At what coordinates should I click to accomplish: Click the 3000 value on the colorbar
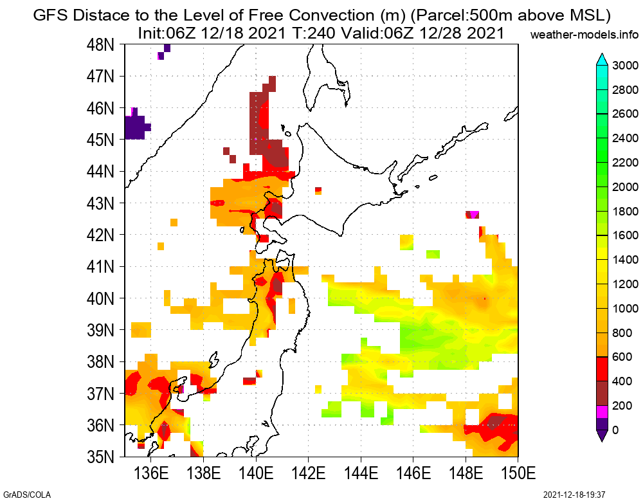pyautogui.click(x=626, y=65)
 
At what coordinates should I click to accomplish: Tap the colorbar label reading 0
pyautogui.click(x=616, y=430)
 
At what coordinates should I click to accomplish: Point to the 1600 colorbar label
pyautogui.click(x=626, y=235)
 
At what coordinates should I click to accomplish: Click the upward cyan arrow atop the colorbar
pyautogui.click(x=602, y=59)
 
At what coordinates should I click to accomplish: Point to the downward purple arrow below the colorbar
pyautogui.click(x=602, y=436)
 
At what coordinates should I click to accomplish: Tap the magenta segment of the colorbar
pyautogui.click(x=602, y=412)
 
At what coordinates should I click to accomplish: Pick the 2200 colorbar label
pyautogui.click(x=626, y=162)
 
